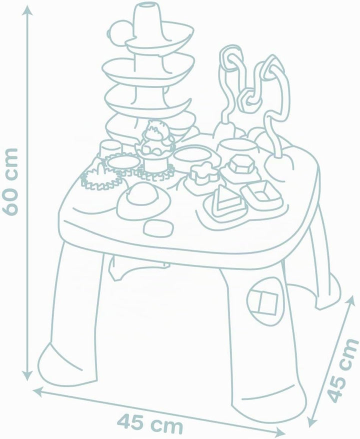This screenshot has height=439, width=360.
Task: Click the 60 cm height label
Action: tap(10, 182)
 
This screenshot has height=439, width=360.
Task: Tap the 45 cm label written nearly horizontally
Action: tap(150, 423)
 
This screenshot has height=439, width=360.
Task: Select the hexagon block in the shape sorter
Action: tap(240, 164)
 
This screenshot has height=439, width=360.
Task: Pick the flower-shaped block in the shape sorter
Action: tap(203, 172)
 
